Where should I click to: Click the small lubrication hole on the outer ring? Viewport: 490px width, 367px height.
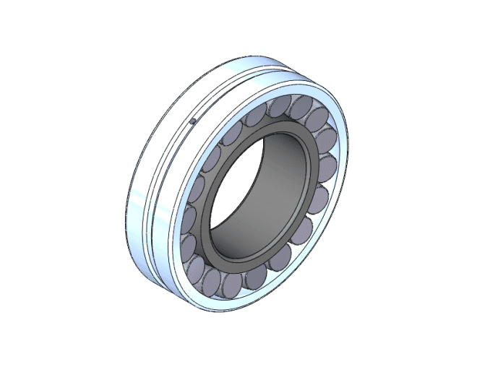(x=192, y=121)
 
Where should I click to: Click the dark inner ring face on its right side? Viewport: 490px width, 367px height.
(x=310, y=181)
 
